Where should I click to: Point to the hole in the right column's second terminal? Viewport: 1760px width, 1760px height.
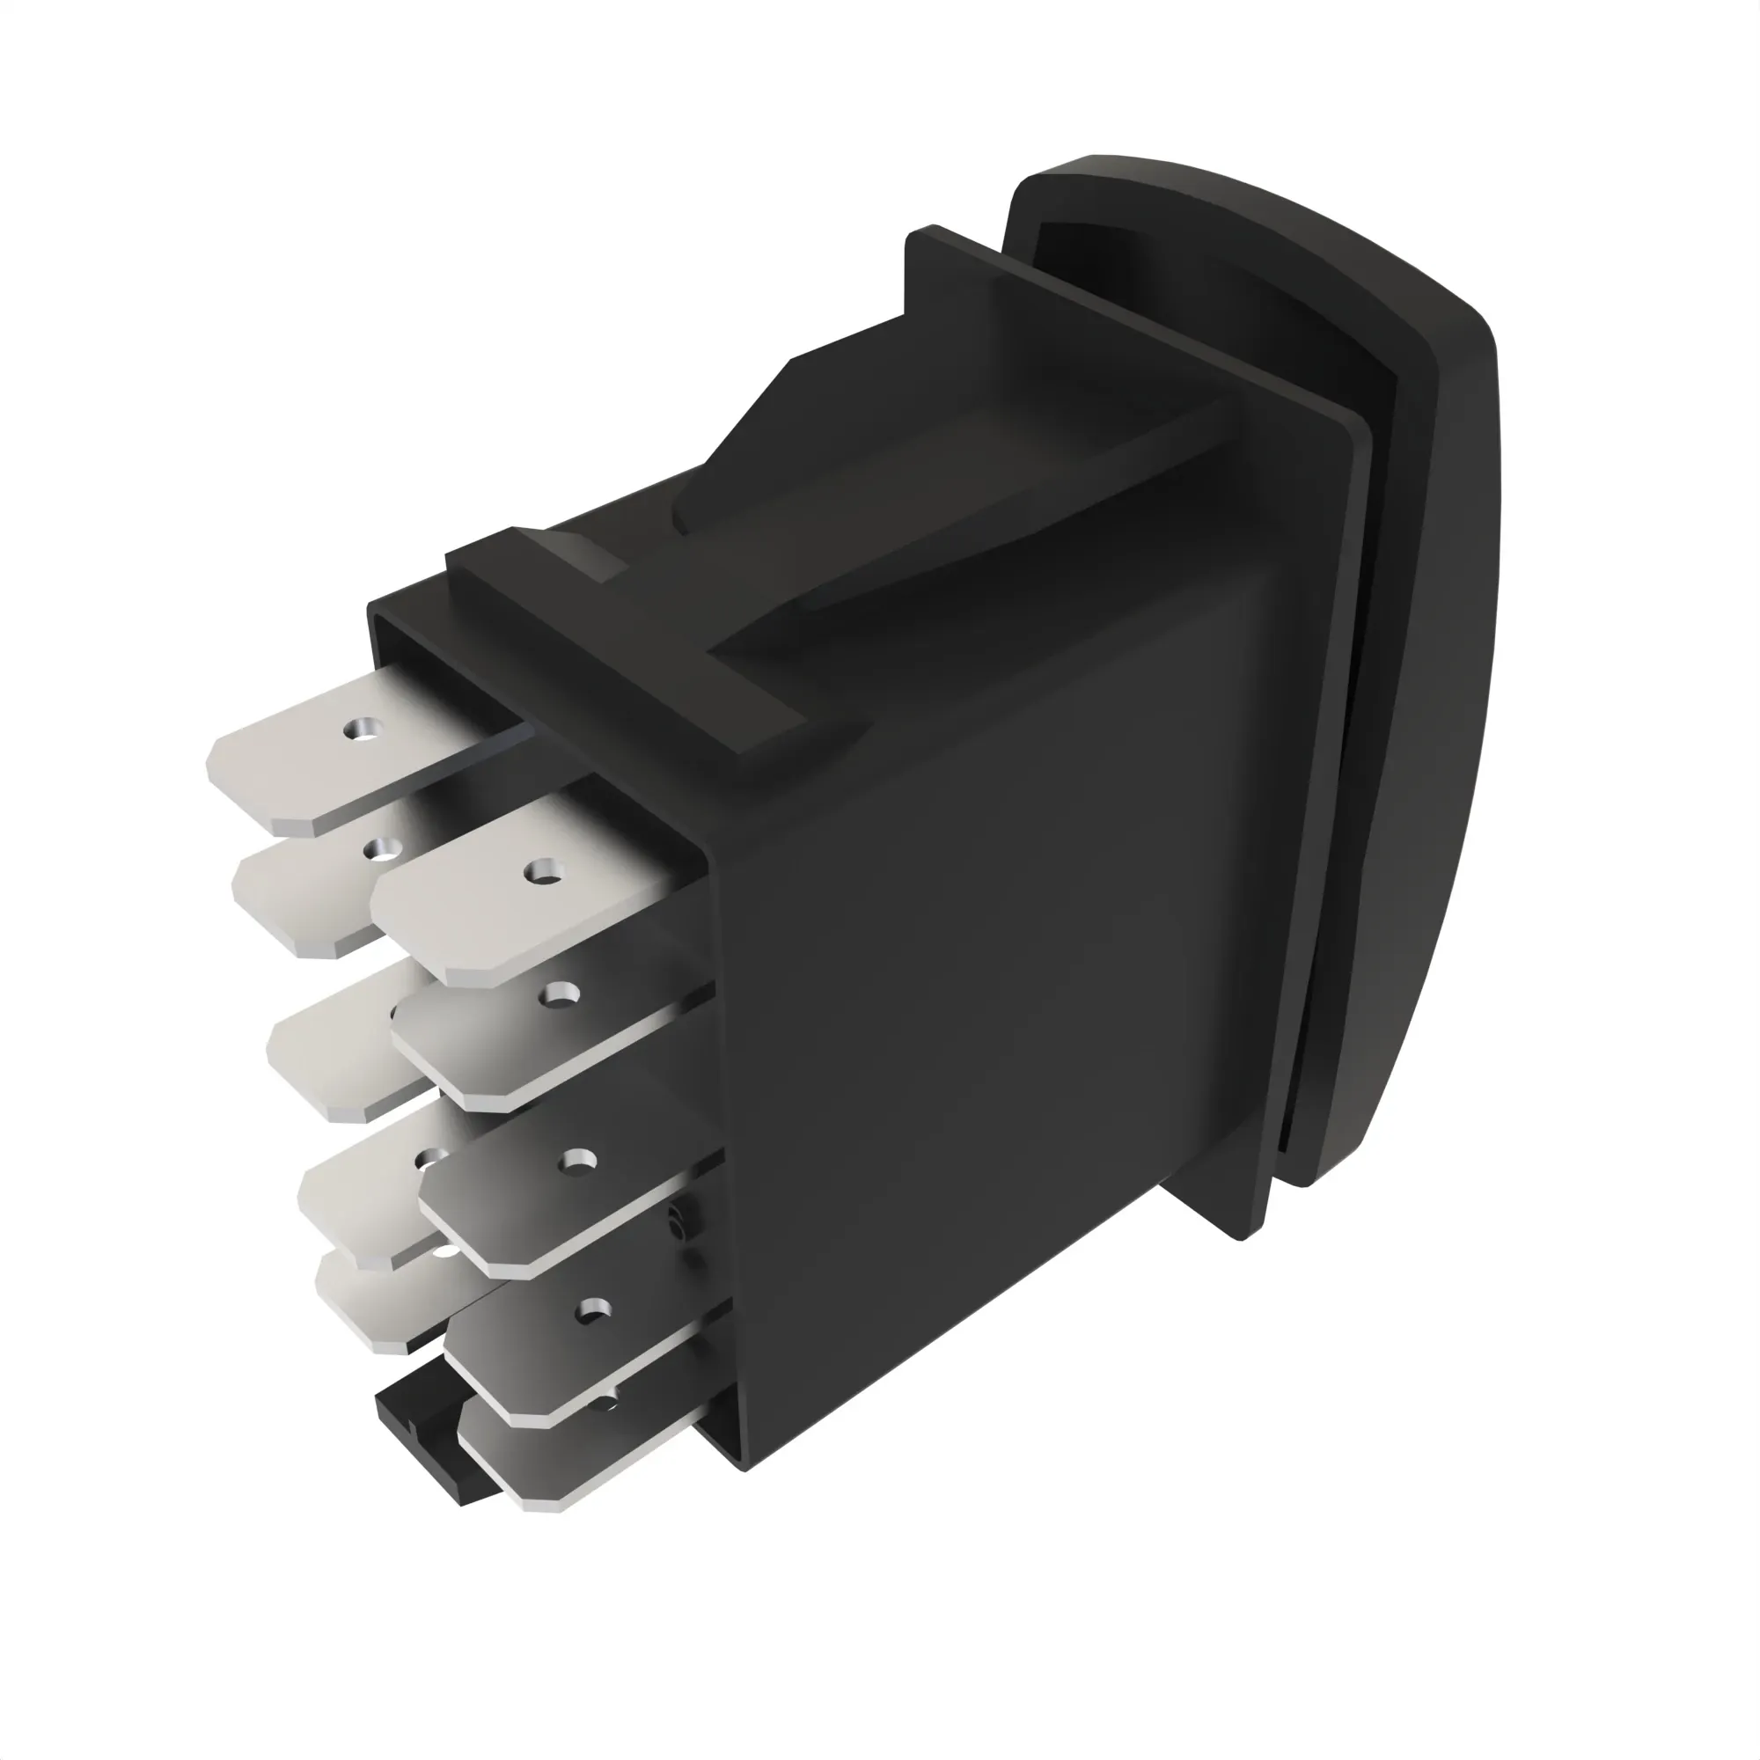pos(558,993)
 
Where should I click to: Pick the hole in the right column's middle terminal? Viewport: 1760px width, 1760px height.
pos(576,1161)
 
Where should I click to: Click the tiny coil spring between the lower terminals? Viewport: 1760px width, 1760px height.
pos(676,1221)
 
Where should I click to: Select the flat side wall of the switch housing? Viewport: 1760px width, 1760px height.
pos(1002,1002)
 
